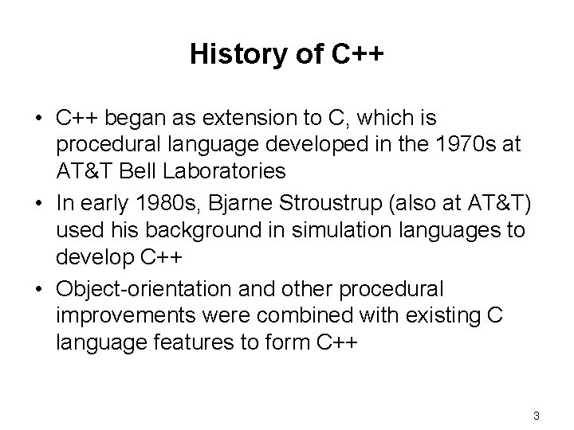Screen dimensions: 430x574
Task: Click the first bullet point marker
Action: (38, 119)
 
